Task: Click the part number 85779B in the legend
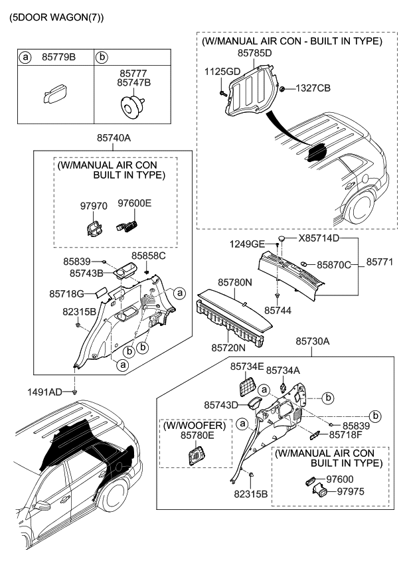pos(58,57)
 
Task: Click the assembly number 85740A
pos(114,139)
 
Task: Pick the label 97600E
pos(134,203)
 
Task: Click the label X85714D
pos(319,238)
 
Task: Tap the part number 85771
pos(380,262)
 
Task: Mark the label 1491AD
pos(45,392)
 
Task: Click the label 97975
pos(352,492)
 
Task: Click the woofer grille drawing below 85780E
pos(197,456)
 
